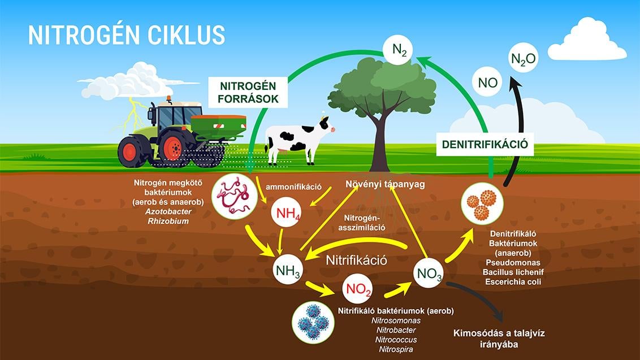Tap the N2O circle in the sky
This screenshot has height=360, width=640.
(524, 58)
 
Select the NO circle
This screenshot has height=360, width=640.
(487, 82)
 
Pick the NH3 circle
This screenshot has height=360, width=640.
(288, 270)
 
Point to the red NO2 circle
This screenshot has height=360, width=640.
(357, 289)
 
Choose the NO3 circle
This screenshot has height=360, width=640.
(428, 273)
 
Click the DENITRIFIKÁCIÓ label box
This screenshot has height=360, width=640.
(485, 144)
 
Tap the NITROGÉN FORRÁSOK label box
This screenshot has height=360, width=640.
(248, 92)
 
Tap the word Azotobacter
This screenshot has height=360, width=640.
(168, 211)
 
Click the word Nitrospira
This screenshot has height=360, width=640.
(396, 349)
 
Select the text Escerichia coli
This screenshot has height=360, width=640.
(513, 281)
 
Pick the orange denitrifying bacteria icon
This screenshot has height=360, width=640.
(482, 203)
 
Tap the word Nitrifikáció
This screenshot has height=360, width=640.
(356, 260)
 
